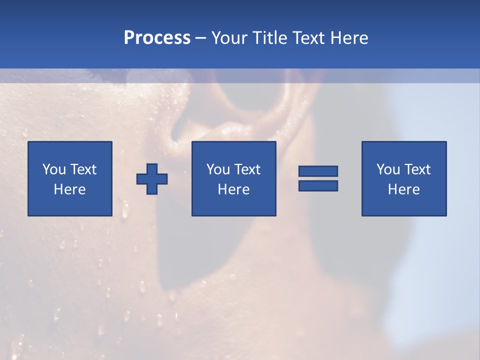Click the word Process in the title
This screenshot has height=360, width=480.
click(x=157, y=38)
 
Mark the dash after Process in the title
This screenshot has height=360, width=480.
click(x=201, y=38)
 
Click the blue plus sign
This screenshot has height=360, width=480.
click(x=152, y=179)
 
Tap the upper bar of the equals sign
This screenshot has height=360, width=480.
click(x=318, y=171)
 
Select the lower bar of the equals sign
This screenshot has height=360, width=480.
click(x=318, y=185)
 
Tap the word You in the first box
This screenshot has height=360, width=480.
click(x=53, y=169)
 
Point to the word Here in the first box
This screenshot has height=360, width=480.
click(x=70, y=189)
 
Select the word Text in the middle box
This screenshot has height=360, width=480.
click(x=247, y=169)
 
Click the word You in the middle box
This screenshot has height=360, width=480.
click(x=217, y=169)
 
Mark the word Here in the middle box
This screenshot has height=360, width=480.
click(x=234, y=189)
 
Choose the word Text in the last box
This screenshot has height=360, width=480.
click(x=417, y=169)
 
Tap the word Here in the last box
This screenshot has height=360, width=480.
click(x=404, y=189)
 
